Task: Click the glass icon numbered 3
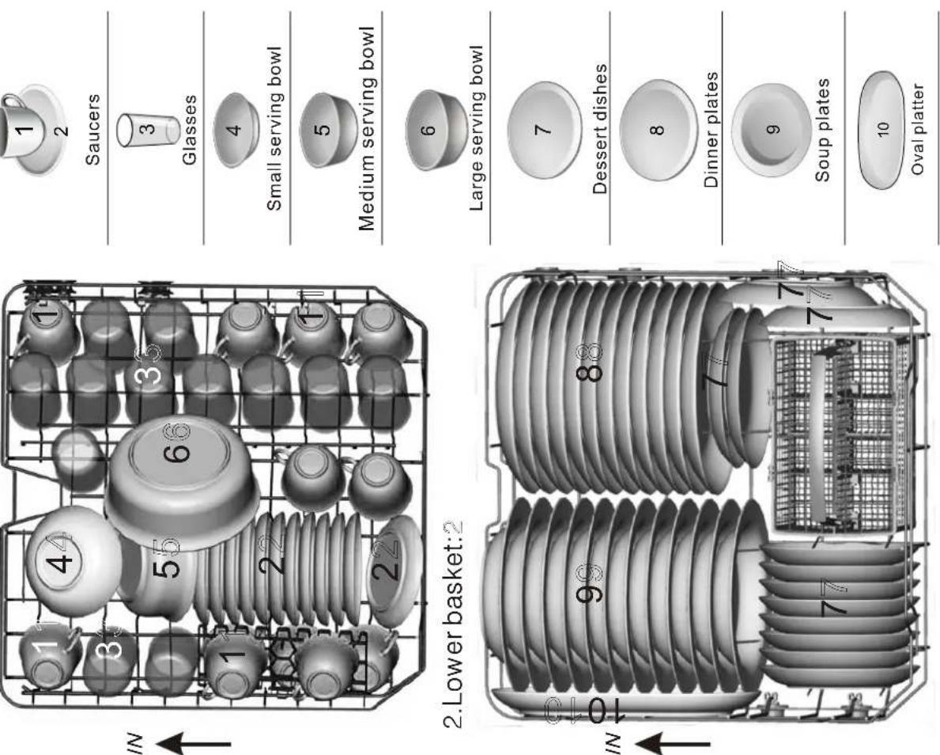148,130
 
